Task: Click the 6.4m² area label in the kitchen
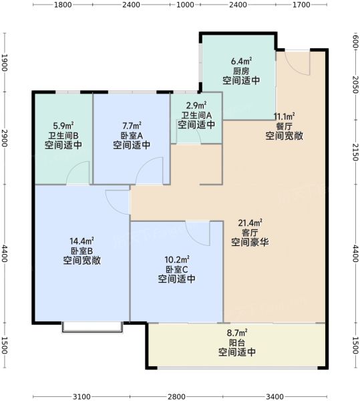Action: click(x=242, y=61)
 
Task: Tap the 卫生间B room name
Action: click(x=63, y=135)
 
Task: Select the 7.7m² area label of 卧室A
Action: click(x=132, y=126)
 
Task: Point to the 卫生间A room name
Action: click(x=196, y=116)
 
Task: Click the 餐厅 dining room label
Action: click(x=284, y=126)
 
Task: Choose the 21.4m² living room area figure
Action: click(x=250, y=223)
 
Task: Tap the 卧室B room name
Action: click(x=81, y=251)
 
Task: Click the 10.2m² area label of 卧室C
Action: click(x=177, y=259)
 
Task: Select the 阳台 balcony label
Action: click(x=237, y=343)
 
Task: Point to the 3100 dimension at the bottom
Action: click(x=81, y=396)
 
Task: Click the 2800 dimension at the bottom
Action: click(x=176, y=396)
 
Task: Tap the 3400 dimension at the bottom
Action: click(x=275, y=396)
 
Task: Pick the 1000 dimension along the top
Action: click(x=185, y=5)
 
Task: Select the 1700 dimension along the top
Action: click(x=301, y=5)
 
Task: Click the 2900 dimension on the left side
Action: click(x=5, y=138)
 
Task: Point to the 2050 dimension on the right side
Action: click(x=355, y=85)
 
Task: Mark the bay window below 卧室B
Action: click(x=92, y=327)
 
